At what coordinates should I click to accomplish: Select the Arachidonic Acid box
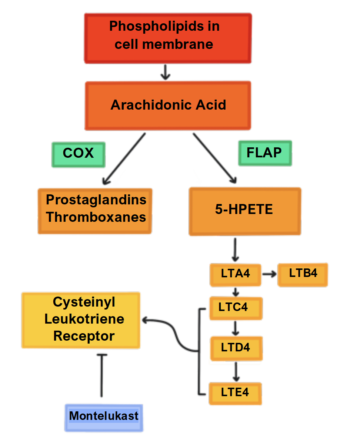click(x=168, y=106)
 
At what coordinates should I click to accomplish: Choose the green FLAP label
click(x=265, y=153)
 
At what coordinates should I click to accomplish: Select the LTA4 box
click(x=235, y=274)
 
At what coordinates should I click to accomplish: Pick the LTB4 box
click(x=303, y=274)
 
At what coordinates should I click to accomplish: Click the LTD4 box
click(x=236, y=348)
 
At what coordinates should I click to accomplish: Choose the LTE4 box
click(x=235, y=393)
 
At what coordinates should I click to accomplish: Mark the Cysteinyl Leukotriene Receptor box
click(x=81, y=320)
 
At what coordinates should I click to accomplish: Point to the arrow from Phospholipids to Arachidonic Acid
click(x=166, y=72)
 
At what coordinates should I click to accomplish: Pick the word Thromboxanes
click(x=96, y=217)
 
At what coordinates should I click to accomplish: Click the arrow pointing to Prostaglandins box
click(x=123, y=159)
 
